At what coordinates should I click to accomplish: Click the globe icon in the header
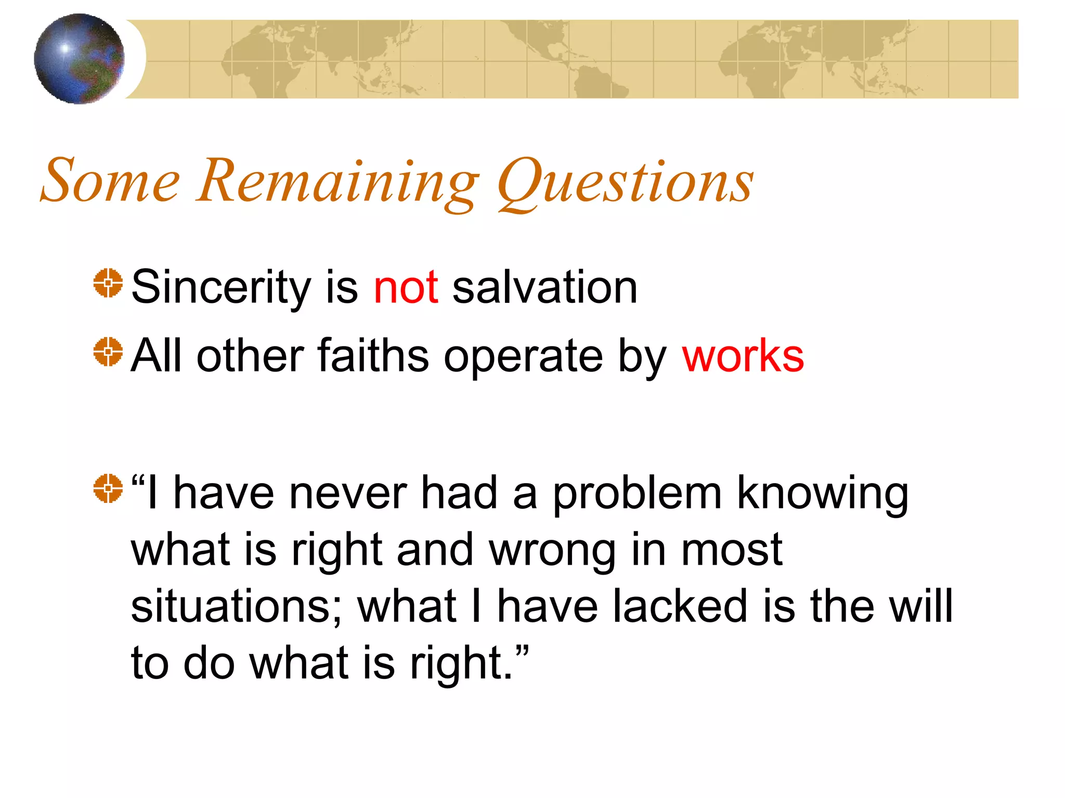[x=79, y=59]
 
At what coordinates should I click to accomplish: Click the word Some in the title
[x=110, y=181]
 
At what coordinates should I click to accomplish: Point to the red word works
[x=743, y=356]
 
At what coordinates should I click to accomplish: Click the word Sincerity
[x=221, y=288]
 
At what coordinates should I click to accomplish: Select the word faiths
[x=373, y=356]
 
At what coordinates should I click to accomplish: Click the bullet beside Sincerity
[x=108, y=283]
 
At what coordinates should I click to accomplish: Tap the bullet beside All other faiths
[x=108, y=352]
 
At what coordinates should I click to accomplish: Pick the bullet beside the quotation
[x=108, y=488]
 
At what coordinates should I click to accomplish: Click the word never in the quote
[x=348, y=494]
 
